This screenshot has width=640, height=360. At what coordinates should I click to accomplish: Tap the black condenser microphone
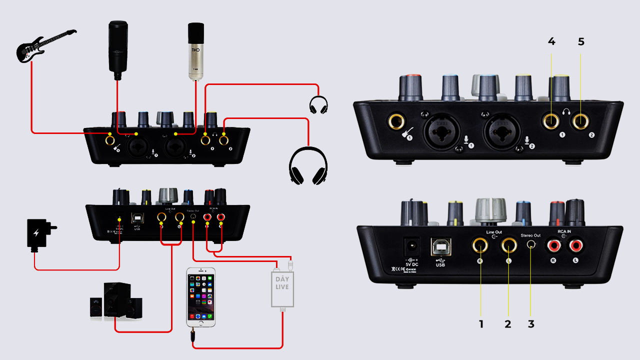[118, 47]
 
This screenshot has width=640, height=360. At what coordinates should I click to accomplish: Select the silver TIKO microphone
[196, 50]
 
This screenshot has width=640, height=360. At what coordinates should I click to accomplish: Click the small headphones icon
[318, 105]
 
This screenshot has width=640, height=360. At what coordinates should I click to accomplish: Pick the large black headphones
[308, 165]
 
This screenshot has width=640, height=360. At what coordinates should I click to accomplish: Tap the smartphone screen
[201, 298]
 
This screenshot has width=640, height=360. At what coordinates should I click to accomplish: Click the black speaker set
[115, 300]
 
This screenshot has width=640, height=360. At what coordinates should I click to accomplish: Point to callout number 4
[551, 42]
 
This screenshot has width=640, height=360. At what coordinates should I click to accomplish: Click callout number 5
[580, 42]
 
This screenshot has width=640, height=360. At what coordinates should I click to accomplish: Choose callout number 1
[481, 324]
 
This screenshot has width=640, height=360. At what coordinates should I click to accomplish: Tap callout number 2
[508, 324]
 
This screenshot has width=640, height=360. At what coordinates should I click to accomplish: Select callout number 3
[531, 324]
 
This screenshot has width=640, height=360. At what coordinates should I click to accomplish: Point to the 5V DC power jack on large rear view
[413, 246]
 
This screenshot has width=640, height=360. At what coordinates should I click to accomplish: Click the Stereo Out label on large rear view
[530, 234]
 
